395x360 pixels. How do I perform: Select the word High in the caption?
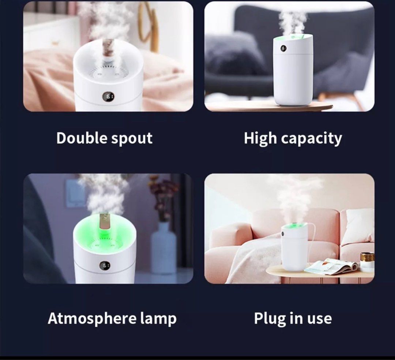click(260, 139)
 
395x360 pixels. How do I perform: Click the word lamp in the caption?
click(158, 319)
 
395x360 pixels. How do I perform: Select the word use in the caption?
click(320, 319)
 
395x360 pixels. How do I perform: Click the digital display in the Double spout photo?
click(108, 97)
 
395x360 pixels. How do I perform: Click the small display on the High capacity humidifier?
click(283, 48)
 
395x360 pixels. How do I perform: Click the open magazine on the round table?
click(331, 266)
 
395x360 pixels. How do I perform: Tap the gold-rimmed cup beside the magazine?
click(367, 261)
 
